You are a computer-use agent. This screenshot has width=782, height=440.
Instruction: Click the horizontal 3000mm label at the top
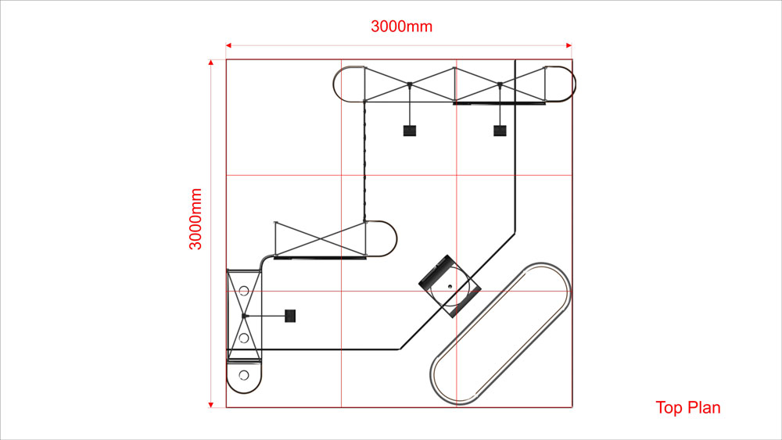pyautogui.click(x=401, y=27)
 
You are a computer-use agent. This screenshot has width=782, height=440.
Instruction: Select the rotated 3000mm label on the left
pyautogui.click(x=195, y=219)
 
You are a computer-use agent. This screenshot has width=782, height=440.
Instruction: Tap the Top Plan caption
pyautogui.click(x=687, y=408)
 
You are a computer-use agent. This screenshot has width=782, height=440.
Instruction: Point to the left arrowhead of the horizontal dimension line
pyautogui.click(x=228, y=45)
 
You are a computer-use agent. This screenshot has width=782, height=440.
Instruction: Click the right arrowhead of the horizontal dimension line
pyautogui.click(x=569, y=45)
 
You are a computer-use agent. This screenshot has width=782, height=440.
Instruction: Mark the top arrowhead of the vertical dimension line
pyautogui.click(x=211, y=63)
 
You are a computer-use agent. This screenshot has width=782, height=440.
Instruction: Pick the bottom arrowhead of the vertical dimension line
pyautogui.click(x=211, y=405)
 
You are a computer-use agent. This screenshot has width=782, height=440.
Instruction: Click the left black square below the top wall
pyautogui.click(x=410, y=131)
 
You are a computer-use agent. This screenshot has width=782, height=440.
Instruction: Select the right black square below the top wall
pyautogui.click(x=500, y=131)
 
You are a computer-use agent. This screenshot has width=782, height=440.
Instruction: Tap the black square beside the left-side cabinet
pyautogui.click(x=290, y=316)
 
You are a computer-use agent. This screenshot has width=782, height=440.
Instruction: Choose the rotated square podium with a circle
pyautogui.click(x=450, y=286)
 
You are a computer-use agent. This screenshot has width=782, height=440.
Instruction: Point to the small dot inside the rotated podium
pyautogui.click(x=450, y=287)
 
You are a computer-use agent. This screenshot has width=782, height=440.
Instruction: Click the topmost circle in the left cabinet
pyautogui.click(x=244, y=291)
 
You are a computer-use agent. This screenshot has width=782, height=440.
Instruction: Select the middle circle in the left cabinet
pyautogui.click(x=244, y=338)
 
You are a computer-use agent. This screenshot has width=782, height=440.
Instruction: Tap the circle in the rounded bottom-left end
pyautogui.click(x=244, y=374)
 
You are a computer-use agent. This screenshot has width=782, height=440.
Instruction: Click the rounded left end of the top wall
pyautogui.click(x=334, y=84)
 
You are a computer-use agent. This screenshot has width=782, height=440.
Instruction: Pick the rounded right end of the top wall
pyautogui.click(x=575, y=84)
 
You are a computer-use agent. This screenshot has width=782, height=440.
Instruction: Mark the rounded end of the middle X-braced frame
pyautogui.click(x=396, y=239)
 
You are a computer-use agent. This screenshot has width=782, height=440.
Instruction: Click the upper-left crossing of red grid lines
pyautogui.click(x=342, y=175)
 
